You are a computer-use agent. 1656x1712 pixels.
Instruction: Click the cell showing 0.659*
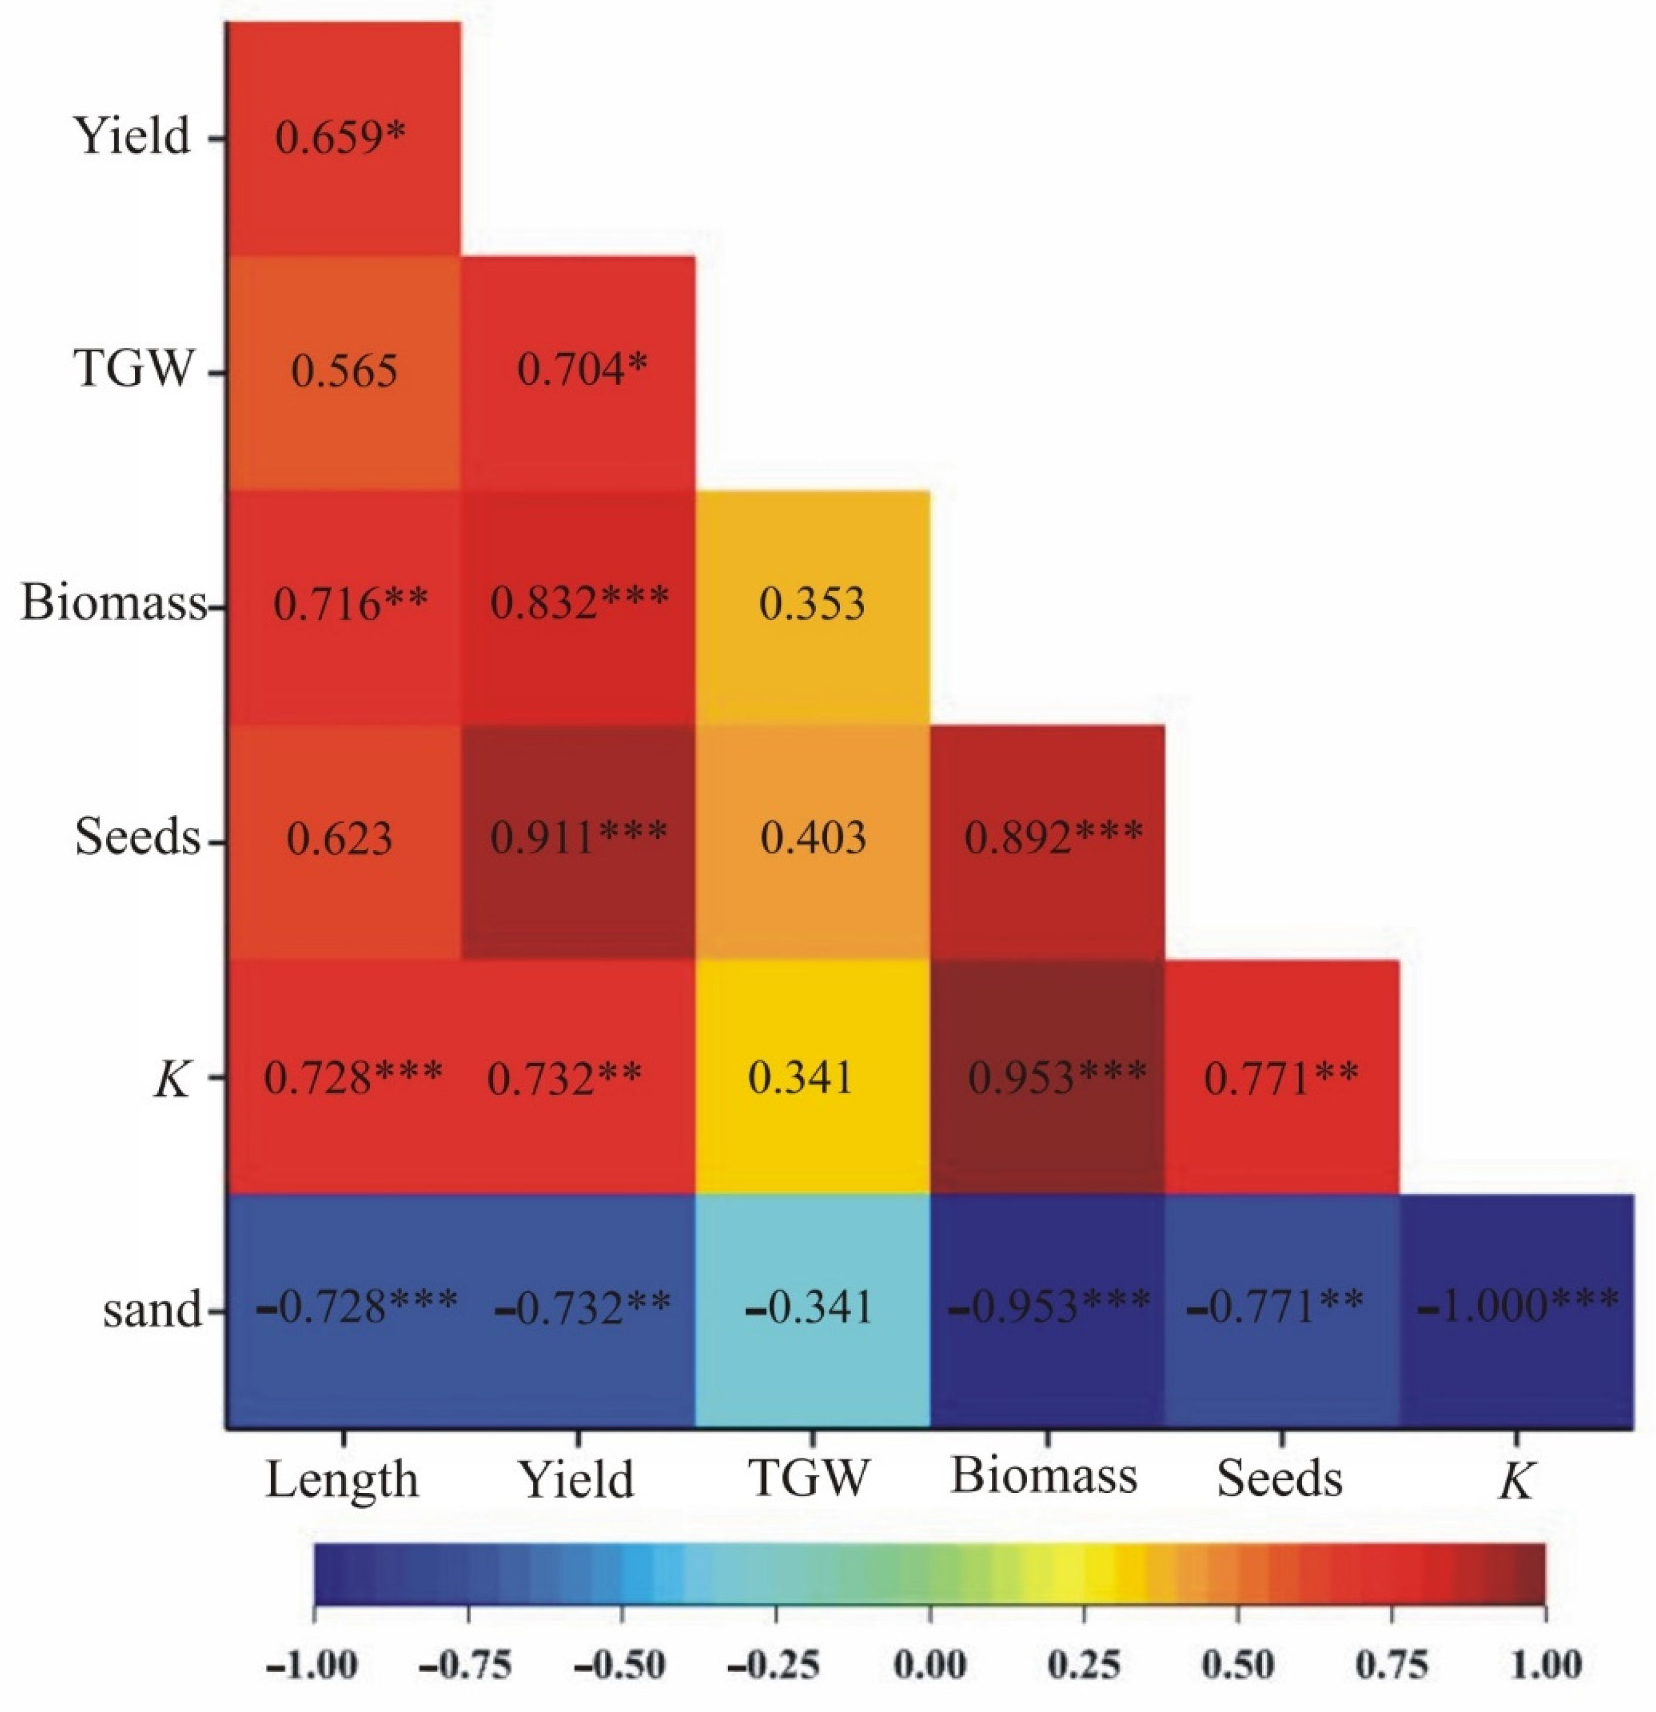point(342,138)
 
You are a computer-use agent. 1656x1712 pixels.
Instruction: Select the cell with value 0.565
point(344,372)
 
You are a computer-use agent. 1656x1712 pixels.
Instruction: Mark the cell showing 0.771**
point(1281,1076)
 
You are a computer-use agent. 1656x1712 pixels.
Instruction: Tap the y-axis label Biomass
point(114,603)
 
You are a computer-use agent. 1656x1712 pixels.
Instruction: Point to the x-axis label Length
point(342,1479)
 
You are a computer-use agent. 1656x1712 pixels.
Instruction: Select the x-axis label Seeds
point(1279,1479)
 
